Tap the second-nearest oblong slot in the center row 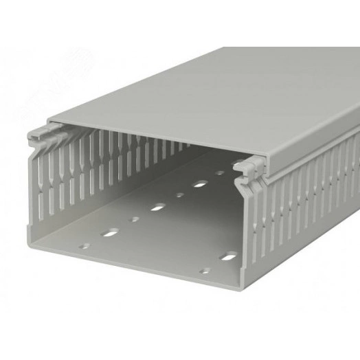pyautogui.click(x=159, y=206)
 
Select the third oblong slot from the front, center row pyautogui.click(x=199, y=183)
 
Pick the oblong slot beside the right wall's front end pyautogui.click(x=227, y=258)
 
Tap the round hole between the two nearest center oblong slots pyautogui.click(x=135, y=220)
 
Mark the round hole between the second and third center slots pyautogui.click(x=180, y=194)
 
